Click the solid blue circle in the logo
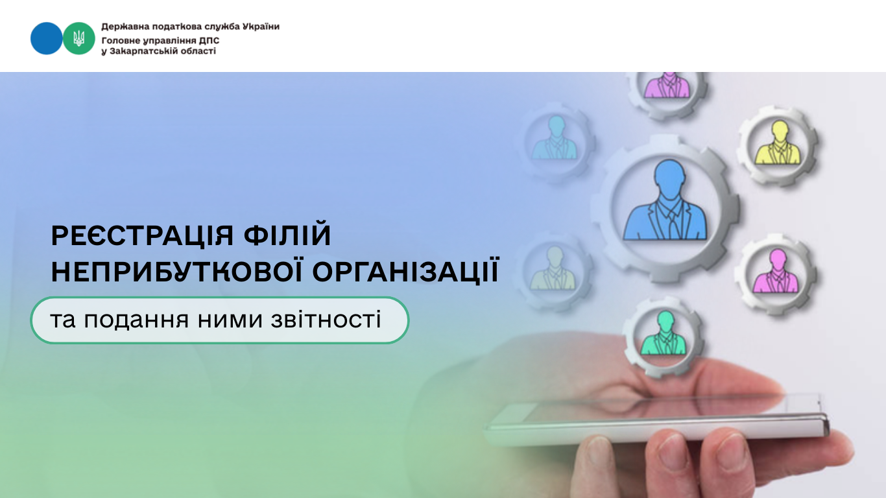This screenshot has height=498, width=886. click(46, 38)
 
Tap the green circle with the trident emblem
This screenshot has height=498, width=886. click(78, 38)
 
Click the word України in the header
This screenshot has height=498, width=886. click(261, 27)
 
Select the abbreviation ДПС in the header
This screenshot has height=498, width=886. click(210, 40)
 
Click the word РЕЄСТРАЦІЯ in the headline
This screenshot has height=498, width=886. click(143, 236)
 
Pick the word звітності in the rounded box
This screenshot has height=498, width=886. click(326, 320)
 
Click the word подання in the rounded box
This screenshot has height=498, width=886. click(136, 320)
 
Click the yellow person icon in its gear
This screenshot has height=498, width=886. click(778, 143)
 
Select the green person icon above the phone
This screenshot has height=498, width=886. click(664, 333)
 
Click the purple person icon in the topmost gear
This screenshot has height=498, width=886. click(667, 85)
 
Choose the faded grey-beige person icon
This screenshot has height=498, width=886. click(553, 268)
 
